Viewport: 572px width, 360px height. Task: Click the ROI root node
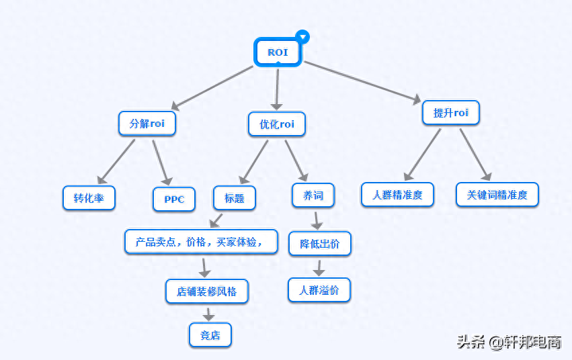(277, 52)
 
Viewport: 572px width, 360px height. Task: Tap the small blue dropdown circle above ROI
(303, 36)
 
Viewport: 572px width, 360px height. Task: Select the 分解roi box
(147, 124)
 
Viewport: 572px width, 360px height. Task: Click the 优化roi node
(276, 124)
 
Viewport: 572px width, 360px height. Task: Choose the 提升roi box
(450, 112)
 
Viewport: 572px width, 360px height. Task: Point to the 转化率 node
(89, 198)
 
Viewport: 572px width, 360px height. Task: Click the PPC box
(174, 199)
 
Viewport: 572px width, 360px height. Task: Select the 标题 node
(235, 198)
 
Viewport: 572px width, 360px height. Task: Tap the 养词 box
(313, 196)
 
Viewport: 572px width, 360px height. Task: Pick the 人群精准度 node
(397, 195)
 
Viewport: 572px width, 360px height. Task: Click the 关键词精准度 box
(497, 195)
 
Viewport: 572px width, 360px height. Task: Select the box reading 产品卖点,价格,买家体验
(201, 242)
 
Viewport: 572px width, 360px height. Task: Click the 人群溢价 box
(320, 290)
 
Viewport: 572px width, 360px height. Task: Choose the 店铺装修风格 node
(207, 291)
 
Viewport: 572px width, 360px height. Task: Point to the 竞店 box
(210, 334)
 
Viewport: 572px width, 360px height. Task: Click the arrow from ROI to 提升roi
(363, 82)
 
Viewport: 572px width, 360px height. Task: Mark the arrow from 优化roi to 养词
(296, 159)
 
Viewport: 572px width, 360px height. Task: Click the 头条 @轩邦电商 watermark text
(509, 343)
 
